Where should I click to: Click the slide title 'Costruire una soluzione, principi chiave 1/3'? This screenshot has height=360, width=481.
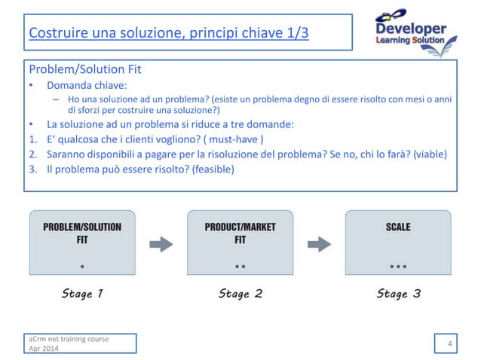coord(168,34)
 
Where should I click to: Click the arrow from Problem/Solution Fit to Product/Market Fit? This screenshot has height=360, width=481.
coord(161,243)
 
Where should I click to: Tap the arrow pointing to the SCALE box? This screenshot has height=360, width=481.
coord(320,243)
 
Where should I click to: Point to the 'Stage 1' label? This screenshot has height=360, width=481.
coord(82,294)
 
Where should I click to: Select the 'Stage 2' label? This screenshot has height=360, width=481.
coord(240,294)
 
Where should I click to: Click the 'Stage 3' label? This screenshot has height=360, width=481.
coord(398,294)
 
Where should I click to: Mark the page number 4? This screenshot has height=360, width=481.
coord(449,345)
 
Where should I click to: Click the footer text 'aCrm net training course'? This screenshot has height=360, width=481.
coord(68,340)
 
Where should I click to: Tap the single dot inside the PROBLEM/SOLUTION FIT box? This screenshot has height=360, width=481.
coord(82,266)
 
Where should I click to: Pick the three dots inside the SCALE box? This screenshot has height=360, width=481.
coord(398,267)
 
